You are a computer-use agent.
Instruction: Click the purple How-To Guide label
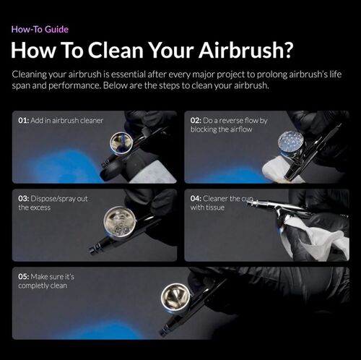(x=39, y=30)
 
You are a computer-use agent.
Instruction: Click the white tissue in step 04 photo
(x=311, y=239)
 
